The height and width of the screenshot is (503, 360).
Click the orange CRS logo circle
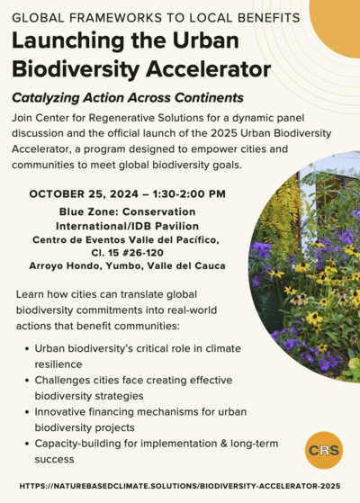tap(323, 449)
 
